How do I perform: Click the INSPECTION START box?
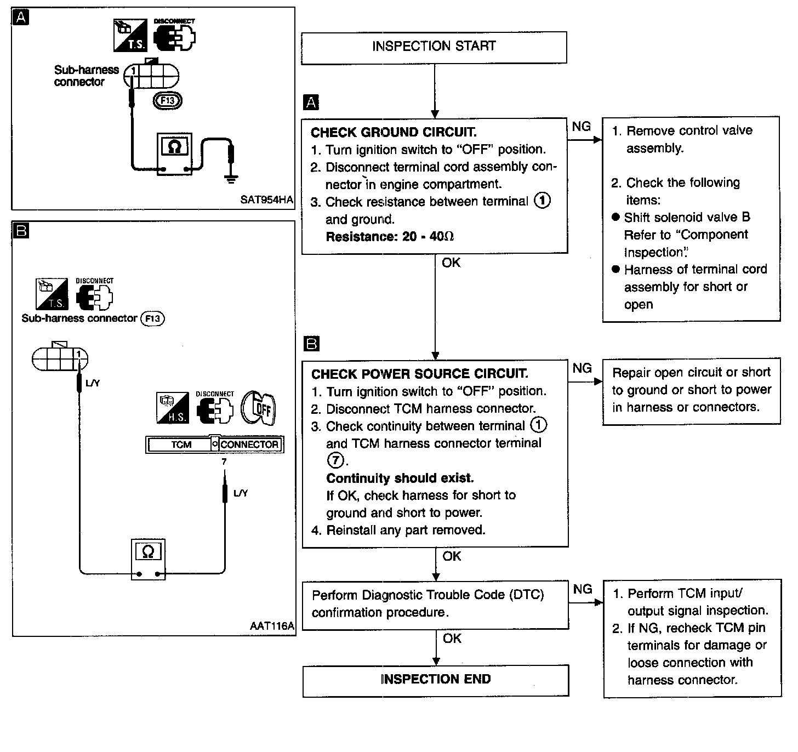coord(434,48)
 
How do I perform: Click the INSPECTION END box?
coord(436,680)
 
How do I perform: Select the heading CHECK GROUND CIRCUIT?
coord(394,132)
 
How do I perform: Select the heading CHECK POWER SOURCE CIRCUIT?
coord(419,374)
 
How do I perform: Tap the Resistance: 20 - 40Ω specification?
coord(390,236)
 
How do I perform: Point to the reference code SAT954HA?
coord(266,200)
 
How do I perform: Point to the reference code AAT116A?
coord(272,626)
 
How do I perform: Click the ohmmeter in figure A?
coord(174,154)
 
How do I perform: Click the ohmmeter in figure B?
coord(149,559)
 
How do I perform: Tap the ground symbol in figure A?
coord(231,179)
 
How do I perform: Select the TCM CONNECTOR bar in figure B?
coord(214,445)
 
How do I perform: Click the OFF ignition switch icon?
coord(258,408)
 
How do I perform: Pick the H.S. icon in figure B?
coord(173,408)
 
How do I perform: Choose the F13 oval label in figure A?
coord(168,100)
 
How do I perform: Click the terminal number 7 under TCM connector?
coord(224,462)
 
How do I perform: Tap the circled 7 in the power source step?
coord(335,460)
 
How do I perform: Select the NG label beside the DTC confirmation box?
coord(582,589)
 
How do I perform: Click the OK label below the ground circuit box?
coord(451,263)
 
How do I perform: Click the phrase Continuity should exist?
coord(400,478)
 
